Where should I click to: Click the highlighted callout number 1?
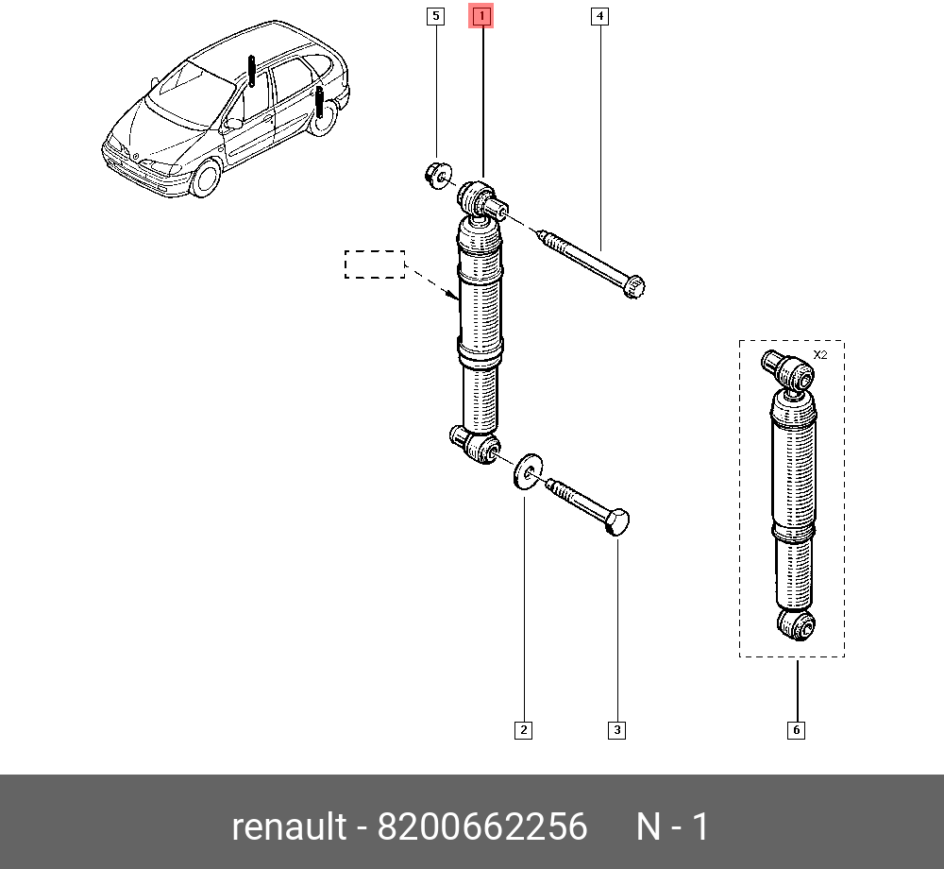pyautogui.click(x=481, y=16)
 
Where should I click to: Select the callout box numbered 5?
pyautogui.click(x=435, y=16)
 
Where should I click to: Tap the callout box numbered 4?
pyautogui.click(x=599, y=16)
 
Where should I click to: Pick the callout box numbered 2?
pyautogui.click(x=524, y=730)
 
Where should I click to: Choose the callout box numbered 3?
pyautogui.click(x=617, y=730)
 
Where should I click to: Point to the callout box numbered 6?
pyautogui.click(x=797, y=730)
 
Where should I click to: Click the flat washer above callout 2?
pyautogui.click(x=528, y=471)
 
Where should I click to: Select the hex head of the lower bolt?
pyautogui.click(x=617, y=522)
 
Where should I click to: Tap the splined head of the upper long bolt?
pyautogui.click(x=634, y=286)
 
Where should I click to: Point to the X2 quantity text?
pyautogui.click(x=820, y=355)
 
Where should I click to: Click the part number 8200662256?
pyautogui.click(x=482, y=826)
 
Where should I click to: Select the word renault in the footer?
pyautogui.click(x=290, y=826)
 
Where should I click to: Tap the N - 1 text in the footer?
pyautogui.click(x=673, y=826)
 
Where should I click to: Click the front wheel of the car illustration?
pyautogui.click(x=205, y=178)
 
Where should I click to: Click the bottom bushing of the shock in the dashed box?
pyautogui.click(x=797, y=625)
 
